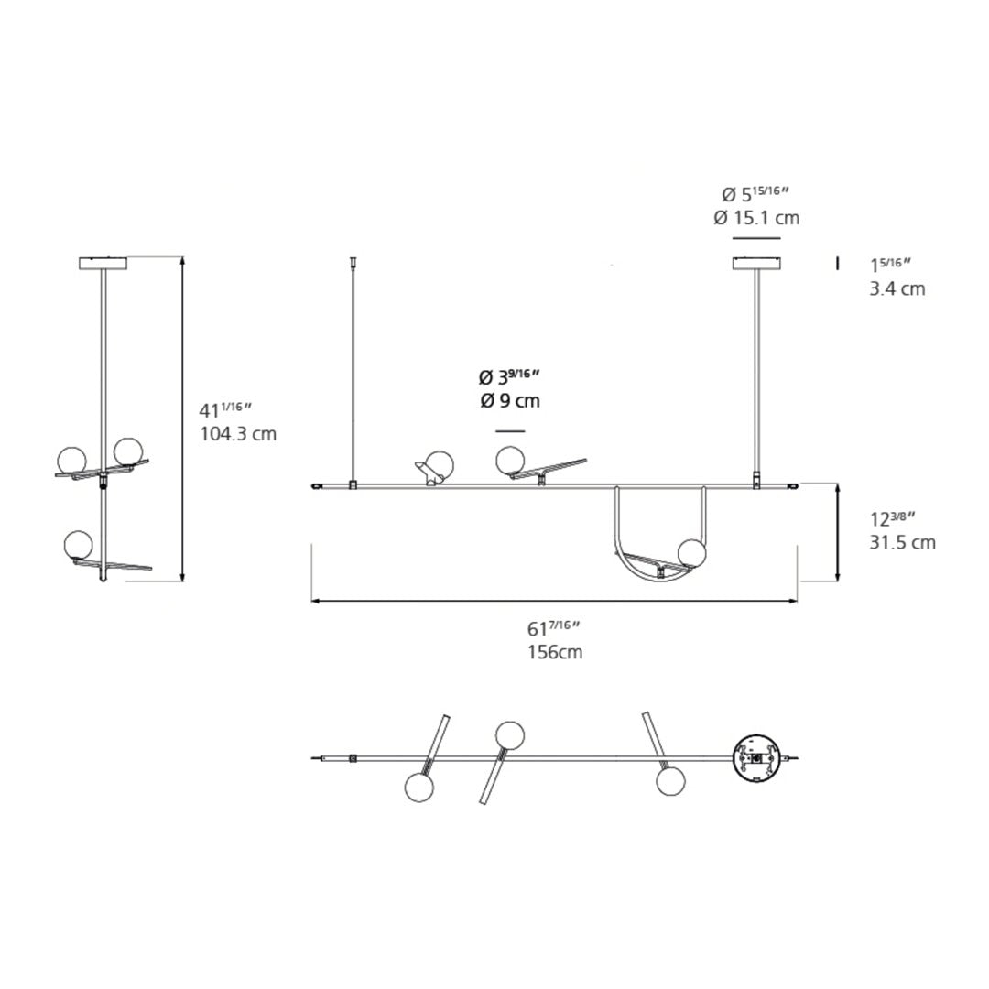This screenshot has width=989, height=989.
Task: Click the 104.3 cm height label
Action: (x=238, y=434)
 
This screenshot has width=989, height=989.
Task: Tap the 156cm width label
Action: (x=555, y=652)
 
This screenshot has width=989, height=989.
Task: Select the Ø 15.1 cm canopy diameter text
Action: (x=757, y=218)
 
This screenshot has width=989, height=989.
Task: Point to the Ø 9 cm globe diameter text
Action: (x=510, y=400)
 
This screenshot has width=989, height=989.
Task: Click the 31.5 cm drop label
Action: (x=903, y=542)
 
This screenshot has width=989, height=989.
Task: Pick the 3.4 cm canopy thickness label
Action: (x=897, y=288)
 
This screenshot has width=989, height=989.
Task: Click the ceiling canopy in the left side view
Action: (x=103, y=263)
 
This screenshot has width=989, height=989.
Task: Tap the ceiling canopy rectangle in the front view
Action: (x=757, y=263)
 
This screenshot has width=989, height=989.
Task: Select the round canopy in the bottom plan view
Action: (x=757, y=757)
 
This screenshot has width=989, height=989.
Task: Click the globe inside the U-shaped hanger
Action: (x=692, y=553)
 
